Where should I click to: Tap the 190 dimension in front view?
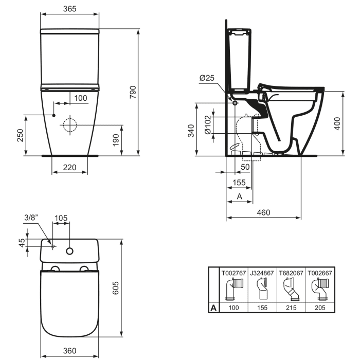(116, 139)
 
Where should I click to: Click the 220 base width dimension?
(69, 167)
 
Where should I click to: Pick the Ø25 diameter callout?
(207, 78)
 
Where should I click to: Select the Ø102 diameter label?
(207, 125)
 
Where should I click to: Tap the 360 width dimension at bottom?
(69, 351)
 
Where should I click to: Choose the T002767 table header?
(233, 273)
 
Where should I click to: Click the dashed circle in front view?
(69, 125)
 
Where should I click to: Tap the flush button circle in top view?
(69, 251)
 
